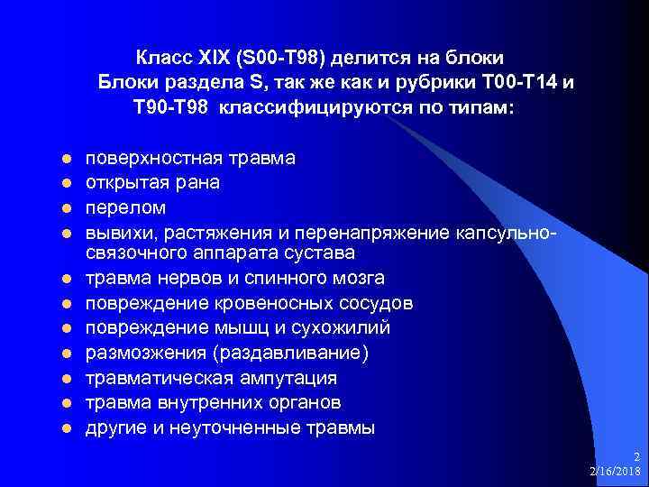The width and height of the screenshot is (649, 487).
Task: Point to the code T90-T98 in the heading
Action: pos(170,107)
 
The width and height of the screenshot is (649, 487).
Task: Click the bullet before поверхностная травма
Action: pos(65,159)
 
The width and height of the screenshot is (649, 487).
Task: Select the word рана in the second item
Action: pos(198,182)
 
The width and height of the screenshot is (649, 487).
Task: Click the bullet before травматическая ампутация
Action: pos(65,378)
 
